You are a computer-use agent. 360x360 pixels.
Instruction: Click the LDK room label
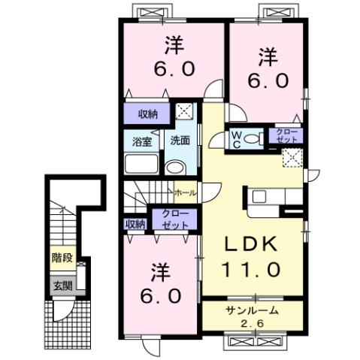click(251, 244)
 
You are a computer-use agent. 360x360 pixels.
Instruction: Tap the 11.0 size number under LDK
click(251, 267)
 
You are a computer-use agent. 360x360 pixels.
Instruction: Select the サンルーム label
click(252, 310)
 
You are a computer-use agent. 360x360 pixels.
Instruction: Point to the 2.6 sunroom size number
click(253, 323)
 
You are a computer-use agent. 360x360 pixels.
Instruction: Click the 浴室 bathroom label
click(143, 141)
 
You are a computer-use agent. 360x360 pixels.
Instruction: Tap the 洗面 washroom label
click(178, 140)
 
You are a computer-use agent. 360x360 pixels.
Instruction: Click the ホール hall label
click(186, 193)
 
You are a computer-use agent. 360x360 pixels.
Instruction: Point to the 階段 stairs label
click(62, 258)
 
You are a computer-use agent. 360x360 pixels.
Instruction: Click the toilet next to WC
click(255, 138)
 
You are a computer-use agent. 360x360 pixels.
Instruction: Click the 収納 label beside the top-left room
click(147, 114)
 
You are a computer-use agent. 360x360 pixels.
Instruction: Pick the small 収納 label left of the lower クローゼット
click(135, 223)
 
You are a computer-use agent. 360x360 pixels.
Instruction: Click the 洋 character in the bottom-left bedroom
click(159, 270)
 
